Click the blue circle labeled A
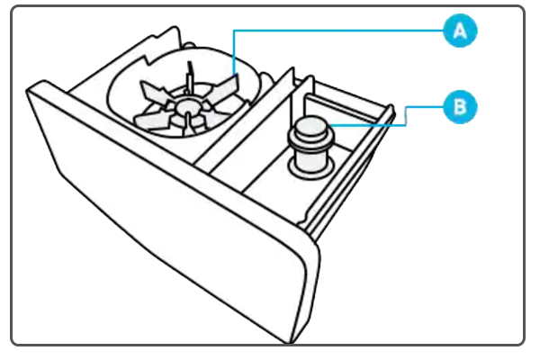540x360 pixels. pos(460,31)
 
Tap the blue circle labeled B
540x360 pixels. pos(460,107)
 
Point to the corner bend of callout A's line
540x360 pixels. pos(234,31)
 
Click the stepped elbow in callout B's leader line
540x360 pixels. pos(406,116)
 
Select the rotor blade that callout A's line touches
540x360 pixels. pos(226,87)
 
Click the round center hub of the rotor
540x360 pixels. pos(186,106)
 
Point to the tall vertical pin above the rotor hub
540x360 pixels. pos(190,77)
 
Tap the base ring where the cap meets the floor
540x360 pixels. pos(311,167)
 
